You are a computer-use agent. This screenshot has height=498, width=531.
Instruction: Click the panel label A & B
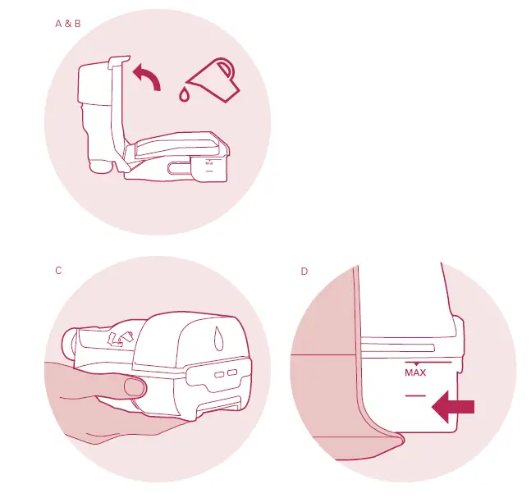point(67,24)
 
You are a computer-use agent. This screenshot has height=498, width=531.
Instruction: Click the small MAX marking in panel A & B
point(209,162)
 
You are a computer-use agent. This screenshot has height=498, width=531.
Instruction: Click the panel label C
point(58,271)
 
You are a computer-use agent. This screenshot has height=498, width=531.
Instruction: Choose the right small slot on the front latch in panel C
point(231,371)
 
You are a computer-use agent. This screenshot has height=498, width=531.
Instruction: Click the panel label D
point(304,271)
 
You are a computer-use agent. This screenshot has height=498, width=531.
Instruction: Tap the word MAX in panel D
point(416,372)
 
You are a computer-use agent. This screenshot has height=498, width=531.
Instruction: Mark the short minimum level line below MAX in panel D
point(416,395)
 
